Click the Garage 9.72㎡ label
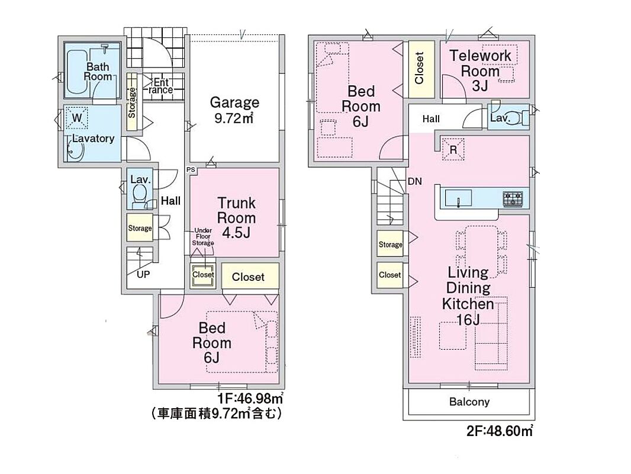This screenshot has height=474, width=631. pos(234,110)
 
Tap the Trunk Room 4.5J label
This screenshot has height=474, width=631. pos(236,217)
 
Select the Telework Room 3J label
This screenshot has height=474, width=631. pos(480,71)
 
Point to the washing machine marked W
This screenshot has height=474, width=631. pos(76,117)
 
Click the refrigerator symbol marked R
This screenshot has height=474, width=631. pos(453,149)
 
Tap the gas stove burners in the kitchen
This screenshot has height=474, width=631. pos(513,199)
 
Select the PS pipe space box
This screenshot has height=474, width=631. pos(191,170)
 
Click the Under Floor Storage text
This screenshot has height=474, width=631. pos(203,237)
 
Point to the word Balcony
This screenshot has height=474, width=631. pos(469,402)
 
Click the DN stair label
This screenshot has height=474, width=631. pos(415,181)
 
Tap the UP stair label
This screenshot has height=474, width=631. pos(143,275)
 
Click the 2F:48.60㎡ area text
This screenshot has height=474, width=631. pos(500,431)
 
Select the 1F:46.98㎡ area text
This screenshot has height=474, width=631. pos(250,399)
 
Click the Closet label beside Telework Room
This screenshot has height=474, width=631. pos(419,68)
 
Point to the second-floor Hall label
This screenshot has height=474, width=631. pos(431,119)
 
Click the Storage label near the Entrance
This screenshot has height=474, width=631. pos(132,102)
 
